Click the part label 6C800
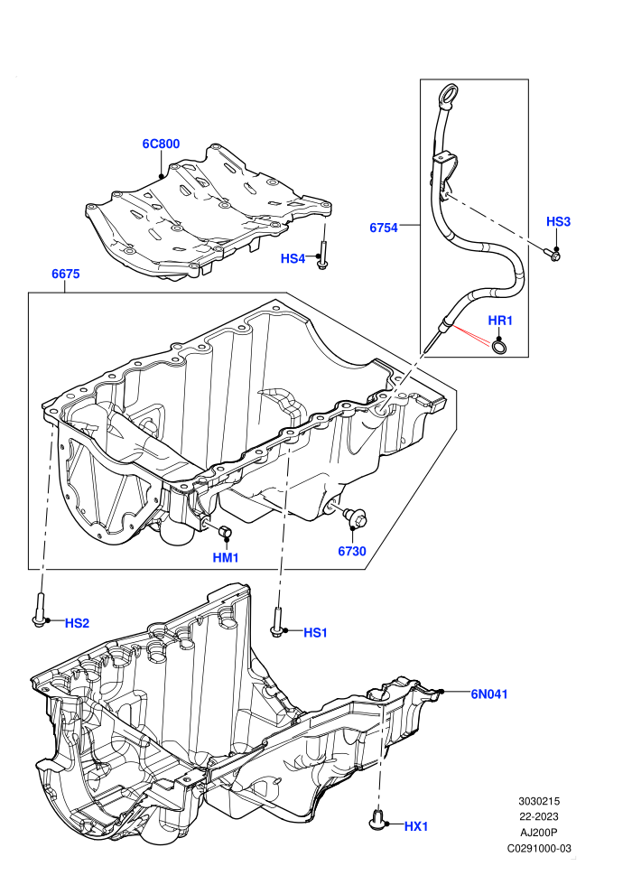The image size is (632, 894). (x=161, y=144)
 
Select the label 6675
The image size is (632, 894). (x=66, y=274)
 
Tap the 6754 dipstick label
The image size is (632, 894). (x=384, y=228)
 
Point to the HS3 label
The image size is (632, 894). (x=558, y=221)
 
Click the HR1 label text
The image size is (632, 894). (x=500, y=321)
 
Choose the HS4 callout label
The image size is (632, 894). (x=293, y=259)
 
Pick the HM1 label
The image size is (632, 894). (x=226, y=557)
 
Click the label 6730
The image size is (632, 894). (x=351, y=551)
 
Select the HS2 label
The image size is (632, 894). (x=77, y=623)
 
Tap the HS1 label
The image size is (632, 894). (x=315, y=632)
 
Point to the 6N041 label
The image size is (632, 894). (x=489, y=694)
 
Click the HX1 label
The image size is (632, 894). (x=416, y=826)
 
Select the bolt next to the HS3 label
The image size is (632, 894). (x=552, y=255)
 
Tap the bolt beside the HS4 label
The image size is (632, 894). (x=322, y=256)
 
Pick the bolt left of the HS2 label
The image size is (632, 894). (x=40, y=610)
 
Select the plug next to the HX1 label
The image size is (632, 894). (x=377, y=819)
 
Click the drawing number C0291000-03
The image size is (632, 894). (x=539, y=848)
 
